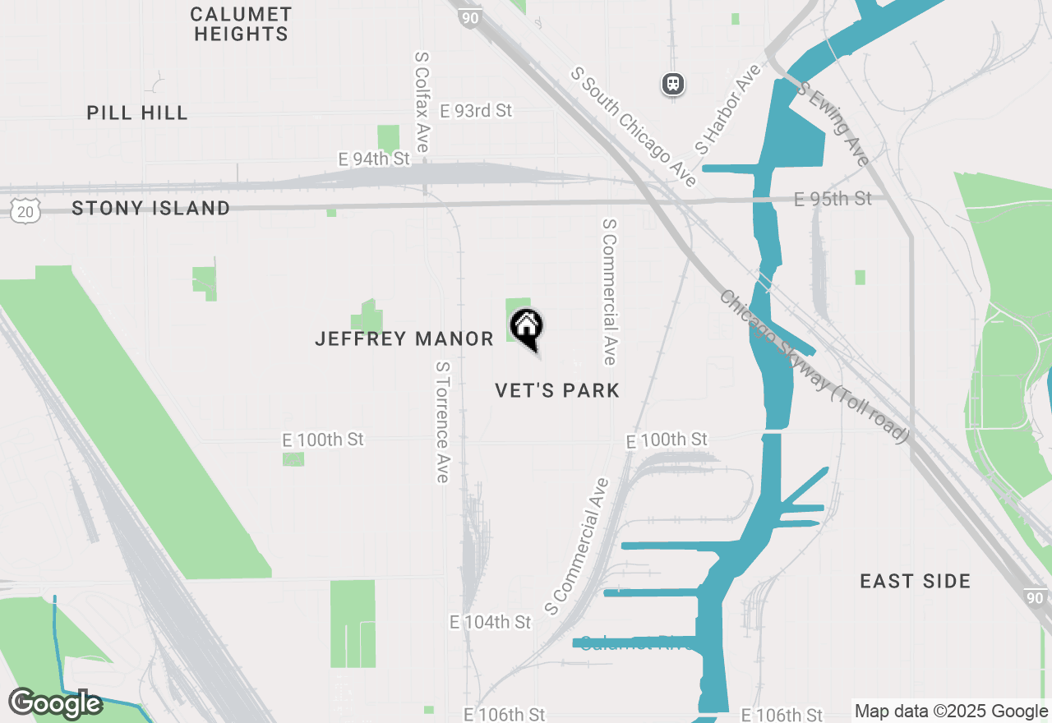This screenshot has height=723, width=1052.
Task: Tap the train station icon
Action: (673, 83)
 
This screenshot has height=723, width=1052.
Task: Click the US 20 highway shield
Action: (24, 210)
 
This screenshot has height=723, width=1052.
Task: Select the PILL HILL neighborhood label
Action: (137, 113)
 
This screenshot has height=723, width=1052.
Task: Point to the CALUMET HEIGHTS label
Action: (240, 24)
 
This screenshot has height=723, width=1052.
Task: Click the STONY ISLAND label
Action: (150, 209)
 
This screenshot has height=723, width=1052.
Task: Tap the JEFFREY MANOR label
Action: (404, 338)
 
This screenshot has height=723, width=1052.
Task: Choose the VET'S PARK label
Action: (557, 390)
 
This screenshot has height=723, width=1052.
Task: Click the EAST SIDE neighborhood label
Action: (915, 582)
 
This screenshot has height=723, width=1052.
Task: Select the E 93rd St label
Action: (476, 110)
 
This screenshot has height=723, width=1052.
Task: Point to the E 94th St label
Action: (374, 158)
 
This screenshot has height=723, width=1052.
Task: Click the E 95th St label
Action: (833, 199)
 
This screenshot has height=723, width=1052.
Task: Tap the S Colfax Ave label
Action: (422, 103)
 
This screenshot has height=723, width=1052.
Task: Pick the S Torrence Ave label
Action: (442, 422)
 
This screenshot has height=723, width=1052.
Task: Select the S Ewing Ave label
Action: (833, 123)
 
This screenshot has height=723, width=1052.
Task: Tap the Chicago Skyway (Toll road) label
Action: (814, 366)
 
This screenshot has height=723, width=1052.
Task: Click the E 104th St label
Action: (490, 622)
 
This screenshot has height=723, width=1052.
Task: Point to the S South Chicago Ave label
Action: (634, 127)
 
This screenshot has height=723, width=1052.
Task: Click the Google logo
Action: (55, 703)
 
